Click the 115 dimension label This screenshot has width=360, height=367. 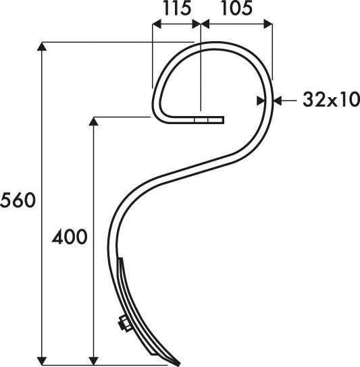(x=177, y=9)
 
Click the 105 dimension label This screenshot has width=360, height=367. (x=237, y=9)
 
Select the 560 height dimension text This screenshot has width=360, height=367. (x=18, y=200)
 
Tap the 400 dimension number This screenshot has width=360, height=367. (x=69, y=237)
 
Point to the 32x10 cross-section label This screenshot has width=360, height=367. (x=331, y=99)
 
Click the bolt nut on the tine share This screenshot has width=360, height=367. (x=125, y=323)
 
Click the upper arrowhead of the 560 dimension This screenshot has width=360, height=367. (x=42, y=47)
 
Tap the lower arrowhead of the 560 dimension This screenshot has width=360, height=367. (x=42, y=361)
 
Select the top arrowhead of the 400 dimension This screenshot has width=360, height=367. (x=93, y=121)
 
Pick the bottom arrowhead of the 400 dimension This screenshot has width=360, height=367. (x=93, y=361)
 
